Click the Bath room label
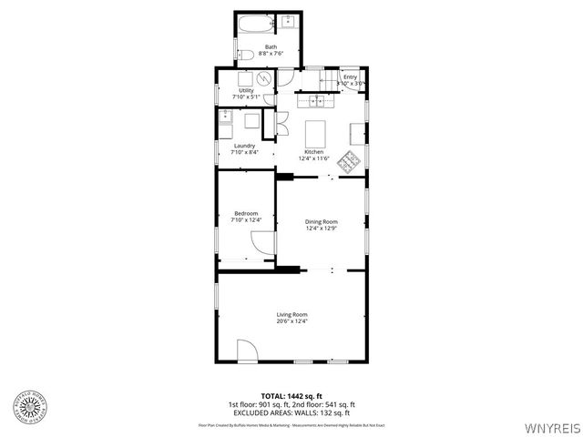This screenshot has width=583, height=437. coord(271,46)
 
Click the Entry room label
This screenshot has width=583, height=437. coord(350,77)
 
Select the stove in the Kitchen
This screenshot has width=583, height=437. coord(348,162)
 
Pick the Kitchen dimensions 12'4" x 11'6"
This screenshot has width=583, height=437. coord(313,158)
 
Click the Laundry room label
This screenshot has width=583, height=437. coord(244,146)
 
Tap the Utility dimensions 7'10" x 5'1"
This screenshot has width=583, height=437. coord(246,97)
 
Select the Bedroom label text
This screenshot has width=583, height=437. coord(246,213)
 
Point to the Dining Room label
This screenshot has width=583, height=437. coord(321,221)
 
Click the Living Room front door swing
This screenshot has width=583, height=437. coord(246,351)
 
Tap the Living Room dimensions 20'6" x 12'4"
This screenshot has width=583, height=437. coord(292,321)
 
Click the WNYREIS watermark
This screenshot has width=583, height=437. coord(552,426)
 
